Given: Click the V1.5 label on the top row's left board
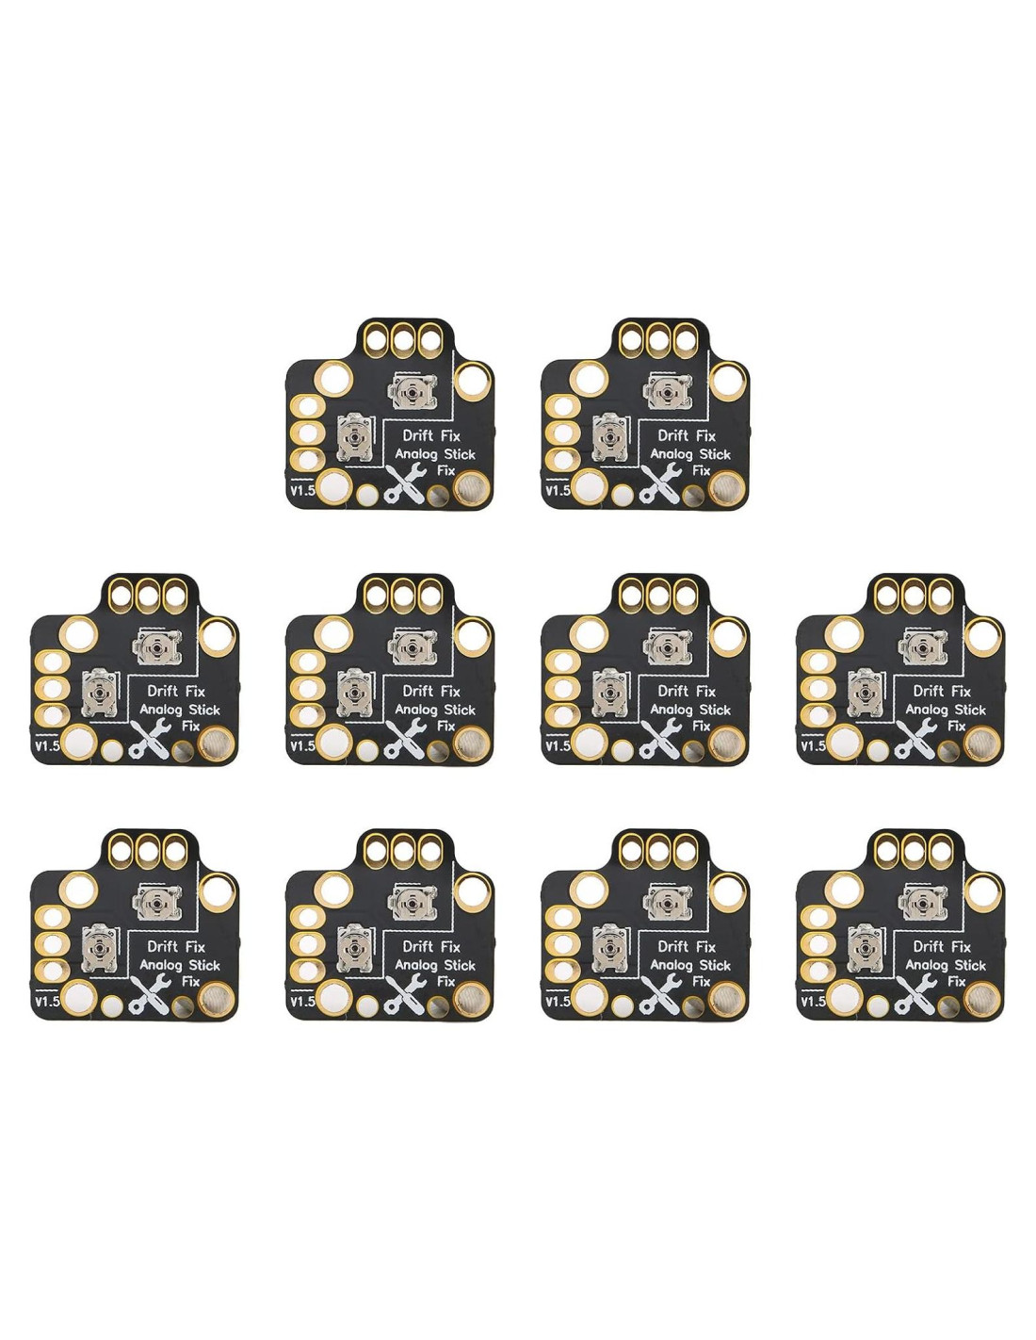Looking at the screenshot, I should (301, 491).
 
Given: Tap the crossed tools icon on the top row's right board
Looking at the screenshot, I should (660, 484).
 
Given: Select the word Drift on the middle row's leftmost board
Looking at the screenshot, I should (162, 691).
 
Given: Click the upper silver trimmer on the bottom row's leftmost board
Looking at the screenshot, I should (158, 902).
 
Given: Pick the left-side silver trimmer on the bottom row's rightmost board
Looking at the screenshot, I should (866, 948).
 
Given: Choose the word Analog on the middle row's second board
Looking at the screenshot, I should (415, 710).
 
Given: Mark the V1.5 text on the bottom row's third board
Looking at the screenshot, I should (557, 1002).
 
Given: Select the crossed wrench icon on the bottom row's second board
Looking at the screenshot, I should (405, 995).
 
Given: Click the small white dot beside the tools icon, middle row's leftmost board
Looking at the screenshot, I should (112, 750).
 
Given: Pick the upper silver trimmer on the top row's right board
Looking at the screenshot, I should (669, 390).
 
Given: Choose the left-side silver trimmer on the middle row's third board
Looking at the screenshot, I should (610, 693).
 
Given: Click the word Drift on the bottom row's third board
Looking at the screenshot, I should (672, 946).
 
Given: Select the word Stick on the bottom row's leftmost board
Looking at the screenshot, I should (204, 965).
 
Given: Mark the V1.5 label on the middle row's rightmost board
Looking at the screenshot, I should (812, 746).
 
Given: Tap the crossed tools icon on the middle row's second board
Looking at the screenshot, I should (405, 740).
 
